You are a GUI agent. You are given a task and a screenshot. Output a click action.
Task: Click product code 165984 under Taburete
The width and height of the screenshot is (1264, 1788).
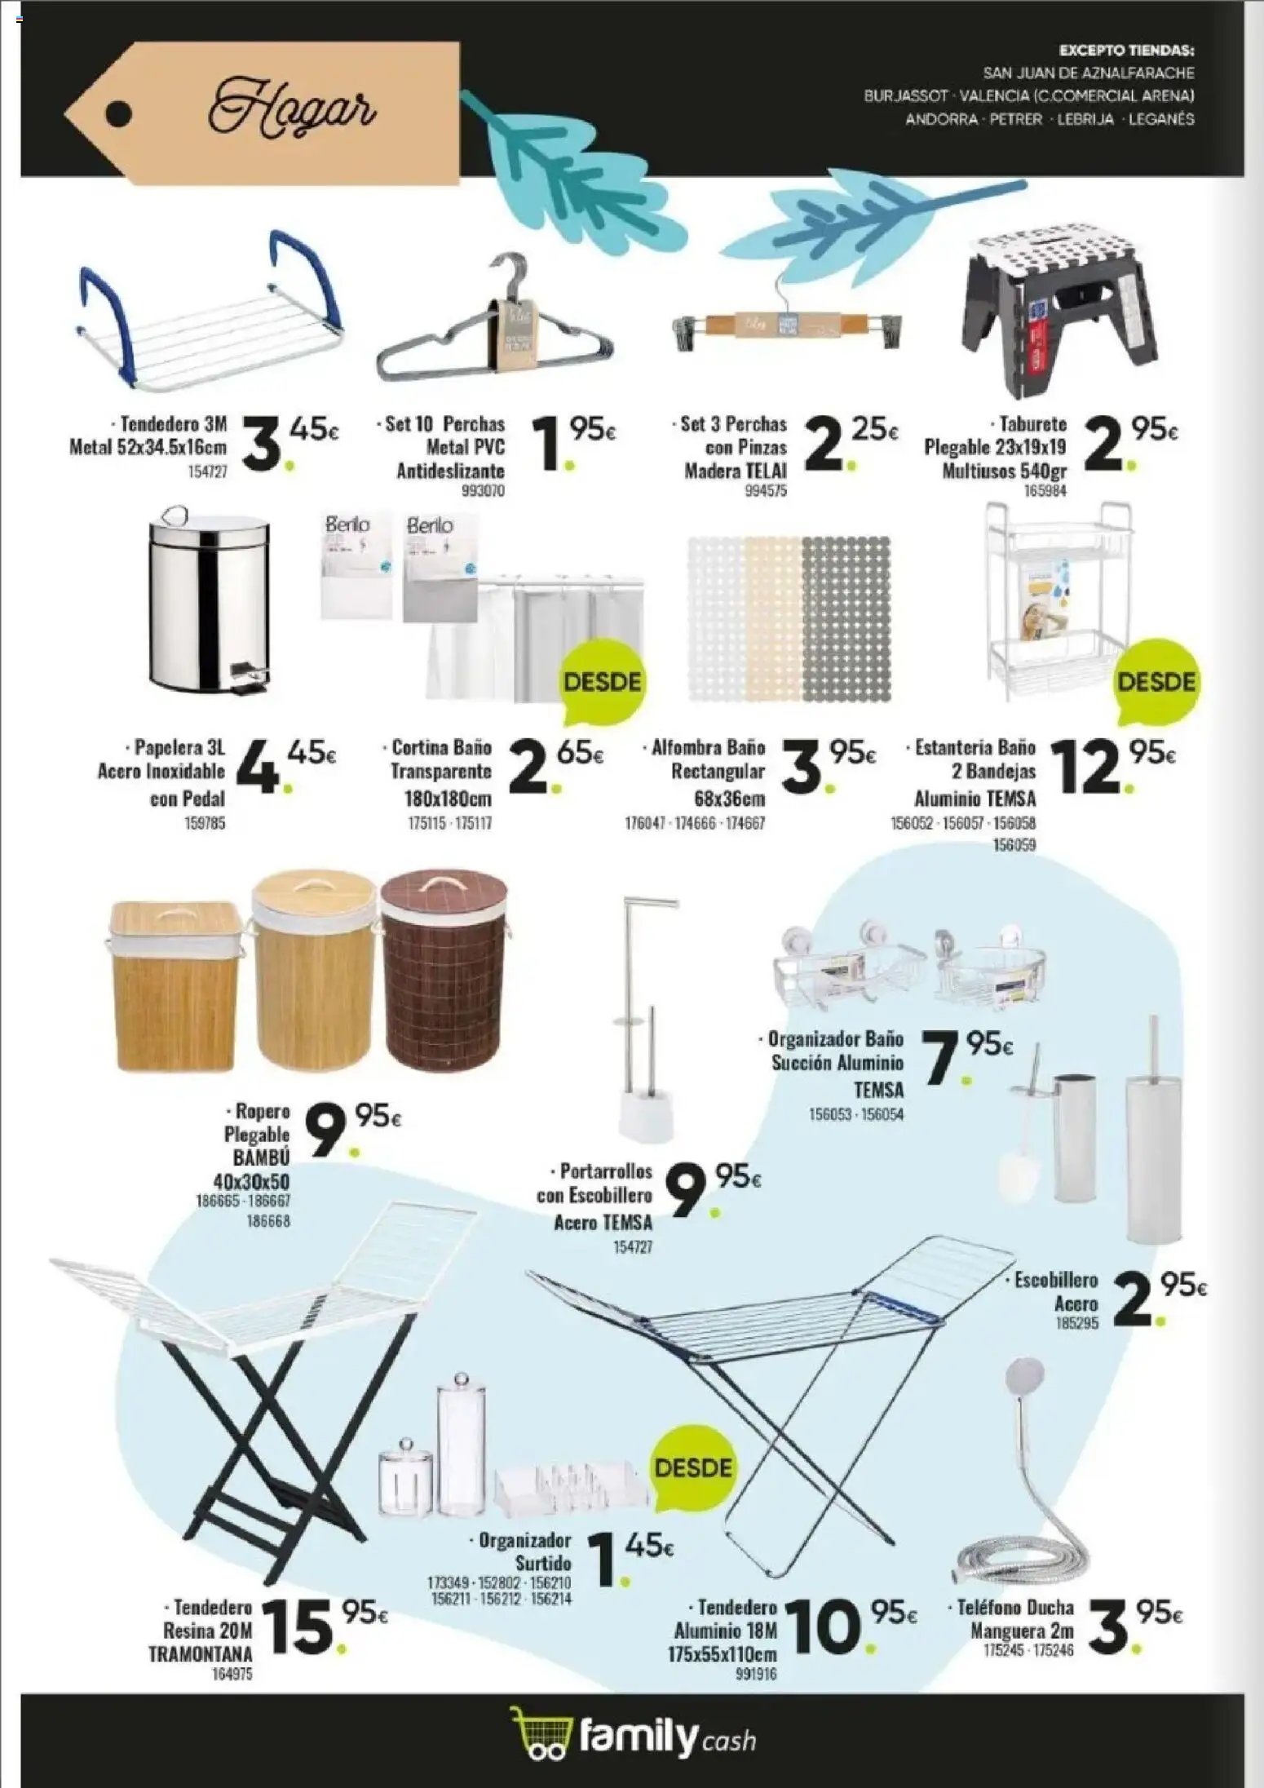click(1043, 491)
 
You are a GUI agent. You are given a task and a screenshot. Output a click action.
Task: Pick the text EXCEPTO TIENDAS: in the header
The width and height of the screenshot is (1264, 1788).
click(1126, 51)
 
